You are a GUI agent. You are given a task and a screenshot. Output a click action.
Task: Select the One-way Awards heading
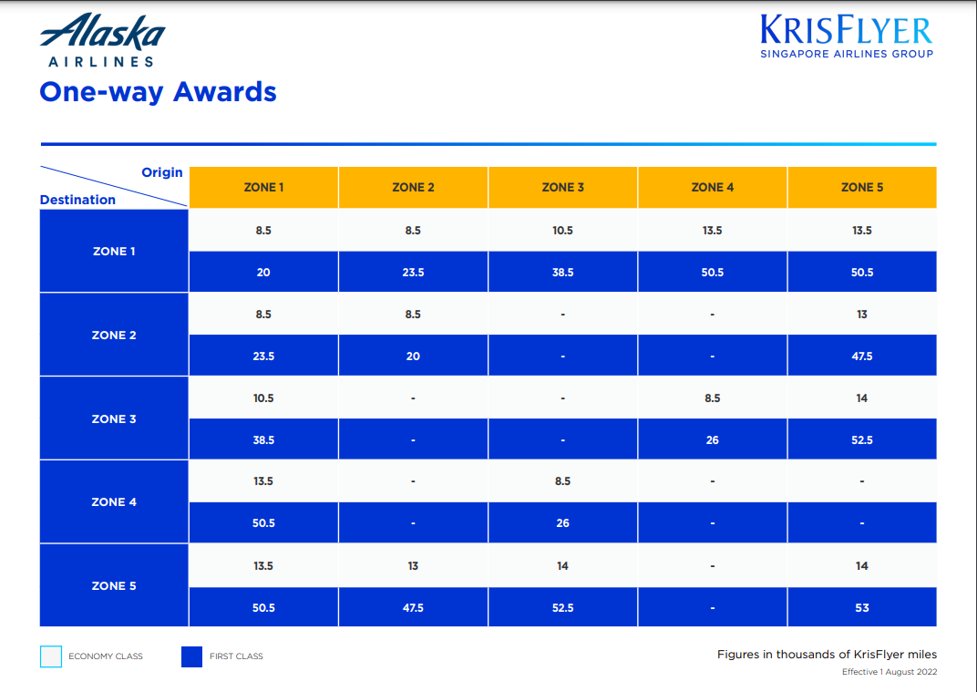(158, 92)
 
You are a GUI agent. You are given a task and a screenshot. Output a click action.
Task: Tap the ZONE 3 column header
(562, 187)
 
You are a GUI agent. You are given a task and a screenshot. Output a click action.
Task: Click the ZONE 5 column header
(861, 187)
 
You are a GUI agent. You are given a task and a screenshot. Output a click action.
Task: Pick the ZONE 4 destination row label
(114, 501)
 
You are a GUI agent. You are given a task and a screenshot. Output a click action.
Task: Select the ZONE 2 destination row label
(114, 335)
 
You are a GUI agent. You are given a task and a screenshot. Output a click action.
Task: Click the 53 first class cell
(861, 607)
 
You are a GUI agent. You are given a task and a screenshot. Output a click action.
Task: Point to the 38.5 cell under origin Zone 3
(562, 272)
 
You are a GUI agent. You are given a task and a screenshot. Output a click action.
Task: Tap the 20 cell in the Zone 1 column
(263, 272)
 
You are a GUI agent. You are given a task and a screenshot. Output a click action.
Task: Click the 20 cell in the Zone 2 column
(413, 356)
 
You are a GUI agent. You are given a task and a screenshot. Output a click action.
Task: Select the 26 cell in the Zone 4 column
(712, 439)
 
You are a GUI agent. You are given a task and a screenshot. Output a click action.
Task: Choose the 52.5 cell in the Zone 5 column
(861, 439)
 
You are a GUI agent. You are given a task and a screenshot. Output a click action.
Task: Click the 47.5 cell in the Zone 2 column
(413, 607)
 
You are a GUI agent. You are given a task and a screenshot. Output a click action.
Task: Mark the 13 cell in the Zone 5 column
(861, 314)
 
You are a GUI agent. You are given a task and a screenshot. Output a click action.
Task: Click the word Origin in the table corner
(161, 172)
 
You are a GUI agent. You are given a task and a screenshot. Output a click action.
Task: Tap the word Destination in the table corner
(77, 200)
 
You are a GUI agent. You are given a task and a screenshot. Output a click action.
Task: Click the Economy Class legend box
(51, 656)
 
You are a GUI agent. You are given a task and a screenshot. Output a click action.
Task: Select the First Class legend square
(191, 656)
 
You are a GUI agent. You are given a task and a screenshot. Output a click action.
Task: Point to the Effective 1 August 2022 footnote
(889, 672)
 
